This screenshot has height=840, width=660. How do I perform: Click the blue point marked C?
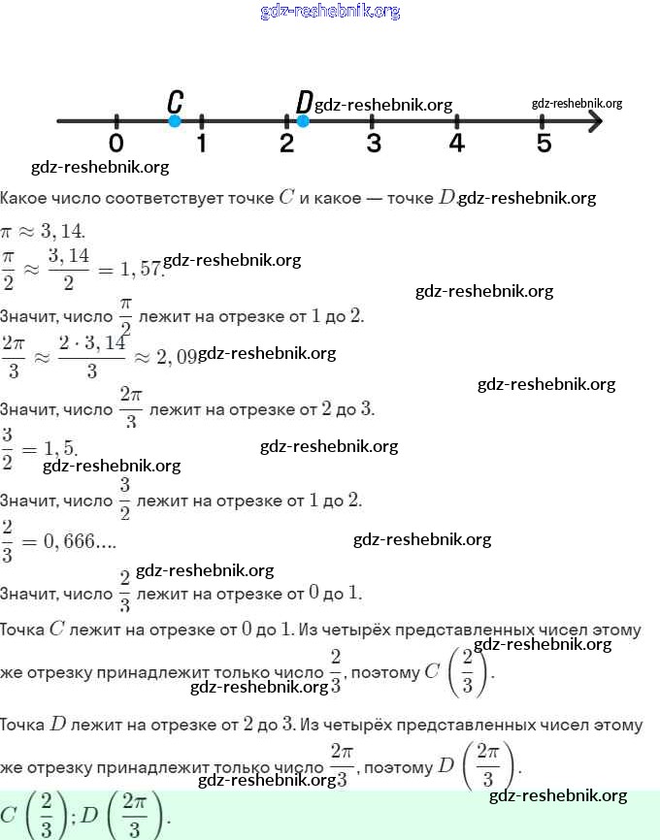(x=175, y=121)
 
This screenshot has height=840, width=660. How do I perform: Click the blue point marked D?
(x=303, y=121)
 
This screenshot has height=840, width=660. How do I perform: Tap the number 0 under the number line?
(x=116, y=144)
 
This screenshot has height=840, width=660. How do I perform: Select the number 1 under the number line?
(x=201, y=144)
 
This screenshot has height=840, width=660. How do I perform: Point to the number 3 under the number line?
(x=373, y=144)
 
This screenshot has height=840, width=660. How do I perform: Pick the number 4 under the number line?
(x=457, y=144)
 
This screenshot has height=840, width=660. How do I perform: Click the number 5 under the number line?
(x=544, y=144)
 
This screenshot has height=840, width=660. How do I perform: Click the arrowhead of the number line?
(x=594, y=121)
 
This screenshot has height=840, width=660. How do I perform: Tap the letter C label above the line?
(x=175, y=101)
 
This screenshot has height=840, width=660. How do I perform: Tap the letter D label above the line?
(x=304, y=102)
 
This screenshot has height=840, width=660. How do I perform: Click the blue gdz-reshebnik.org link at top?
(x=330, y=12)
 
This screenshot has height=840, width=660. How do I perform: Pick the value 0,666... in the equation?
(x=77, y=541)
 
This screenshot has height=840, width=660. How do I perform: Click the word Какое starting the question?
(x=21, y=198)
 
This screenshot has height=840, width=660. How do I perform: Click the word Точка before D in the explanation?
(x=23, y=725)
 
